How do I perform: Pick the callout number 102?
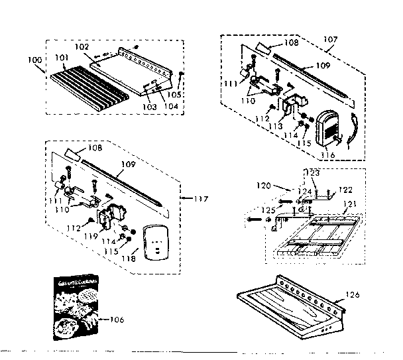(x=81, y=48)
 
